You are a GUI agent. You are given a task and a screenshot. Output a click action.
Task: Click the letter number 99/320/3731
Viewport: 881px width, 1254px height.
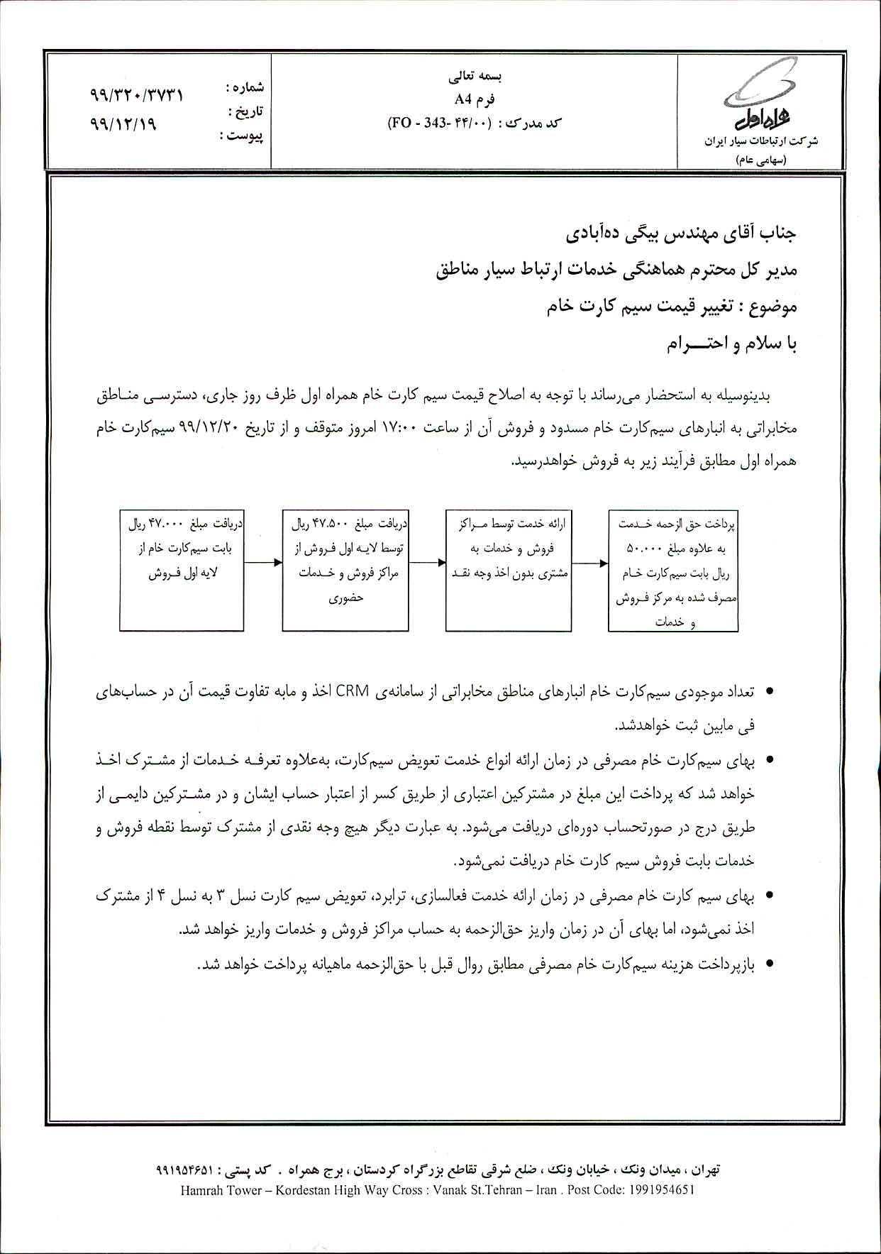point(137,95)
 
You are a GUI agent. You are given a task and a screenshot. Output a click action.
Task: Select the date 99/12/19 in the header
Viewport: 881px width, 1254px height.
point(123,122)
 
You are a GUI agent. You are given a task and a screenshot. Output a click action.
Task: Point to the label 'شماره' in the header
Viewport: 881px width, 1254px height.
point(245,87)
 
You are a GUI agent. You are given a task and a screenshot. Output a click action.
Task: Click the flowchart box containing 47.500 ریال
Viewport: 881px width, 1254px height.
point(346,571)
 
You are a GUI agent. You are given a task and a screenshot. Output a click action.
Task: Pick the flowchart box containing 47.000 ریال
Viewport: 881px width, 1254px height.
point(183,571)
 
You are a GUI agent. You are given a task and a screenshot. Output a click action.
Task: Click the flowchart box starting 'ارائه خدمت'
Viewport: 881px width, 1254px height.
point(509,571)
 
